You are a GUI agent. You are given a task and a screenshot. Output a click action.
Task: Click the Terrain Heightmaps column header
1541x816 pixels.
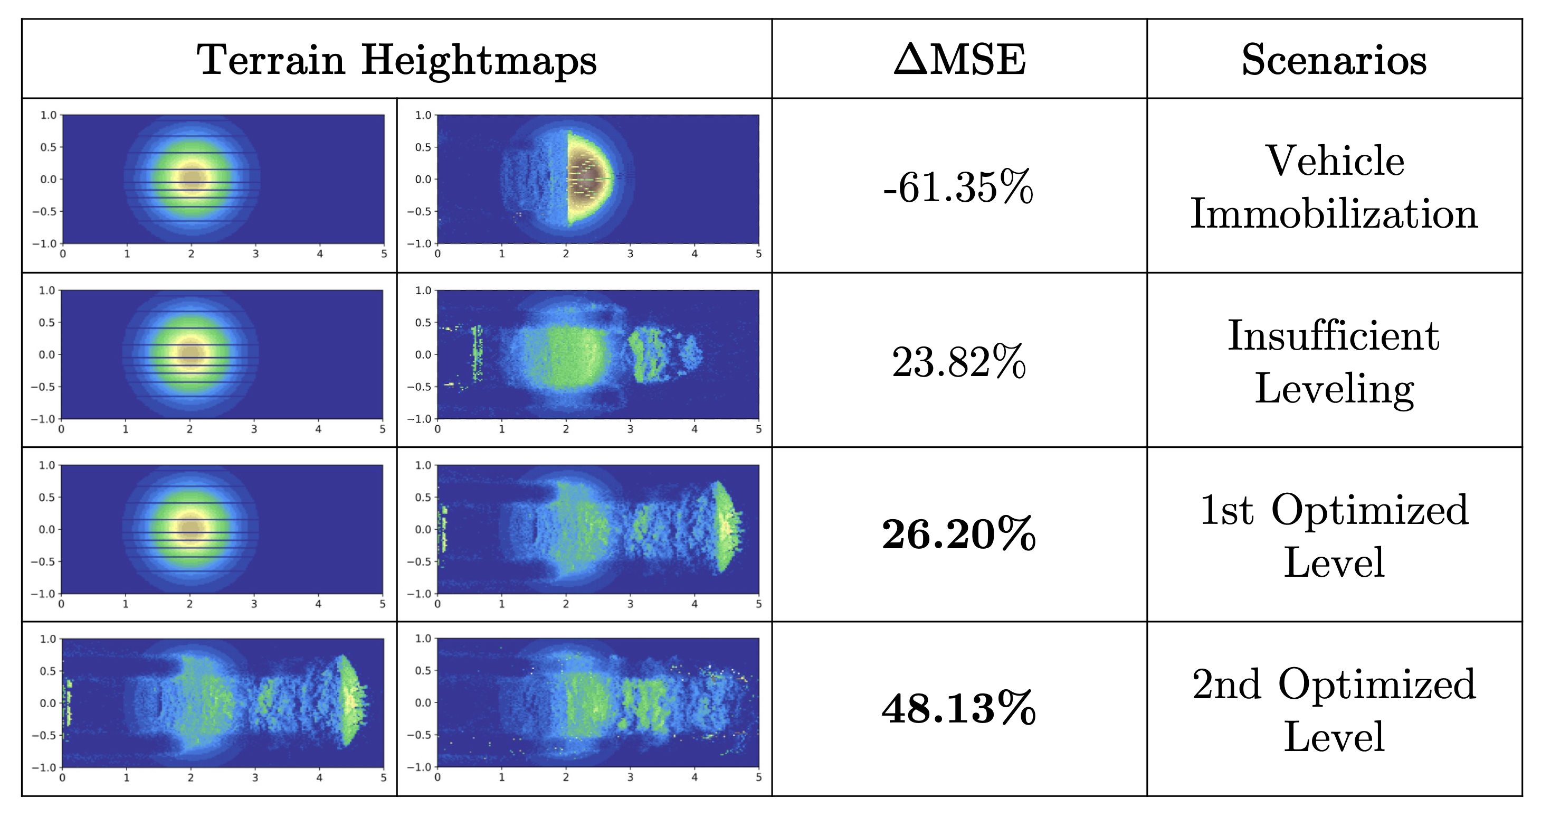click(397, 60)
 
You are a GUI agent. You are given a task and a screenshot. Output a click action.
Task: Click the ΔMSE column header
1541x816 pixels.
click(959, 60)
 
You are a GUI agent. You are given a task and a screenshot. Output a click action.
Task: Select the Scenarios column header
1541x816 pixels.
click(1334, 60)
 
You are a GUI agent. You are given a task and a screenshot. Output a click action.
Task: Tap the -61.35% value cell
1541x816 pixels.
click(958, 187)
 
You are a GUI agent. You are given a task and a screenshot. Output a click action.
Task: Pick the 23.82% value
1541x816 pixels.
click(959, 362)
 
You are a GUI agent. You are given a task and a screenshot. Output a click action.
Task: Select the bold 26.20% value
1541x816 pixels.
click(959, 534)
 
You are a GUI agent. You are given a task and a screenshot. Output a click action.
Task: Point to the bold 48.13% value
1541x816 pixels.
click(959, 708)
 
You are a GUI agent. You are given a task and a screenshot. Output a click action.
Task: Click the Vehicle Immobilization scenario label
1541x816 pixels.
click(1334, 187)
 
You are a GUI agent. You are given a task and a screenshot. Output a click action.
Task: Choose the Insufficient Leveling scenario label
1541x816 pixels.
click(1334, 362)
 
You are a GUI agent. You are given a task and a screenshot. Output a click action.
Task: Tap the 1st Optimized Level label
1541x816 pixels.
click(1334, 536)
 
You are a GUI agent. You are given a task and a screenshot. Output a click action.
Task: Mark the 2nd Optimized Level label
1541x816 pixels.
click(1334, 709)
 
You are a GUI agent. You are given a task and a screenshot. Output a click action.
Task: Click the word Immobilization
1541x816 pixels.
click(1334, 214)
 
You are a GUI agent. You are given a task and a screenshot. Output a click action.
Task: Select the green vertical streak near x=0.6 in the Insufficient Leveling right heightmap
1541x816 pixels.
click(477, 353)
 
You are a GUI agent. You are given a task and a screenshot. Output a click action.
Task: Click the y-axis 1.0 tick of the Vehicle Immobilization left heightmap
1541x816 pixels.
click(49, 115)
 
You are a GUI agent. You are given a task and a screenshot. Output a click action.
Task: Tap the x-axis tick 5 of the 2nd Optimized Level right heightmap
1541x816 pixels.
click(758, 777)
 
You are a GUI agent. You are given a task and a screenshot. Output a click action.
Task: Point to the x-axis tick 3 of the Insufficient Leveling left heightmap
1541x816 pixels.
click(254, 429)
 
